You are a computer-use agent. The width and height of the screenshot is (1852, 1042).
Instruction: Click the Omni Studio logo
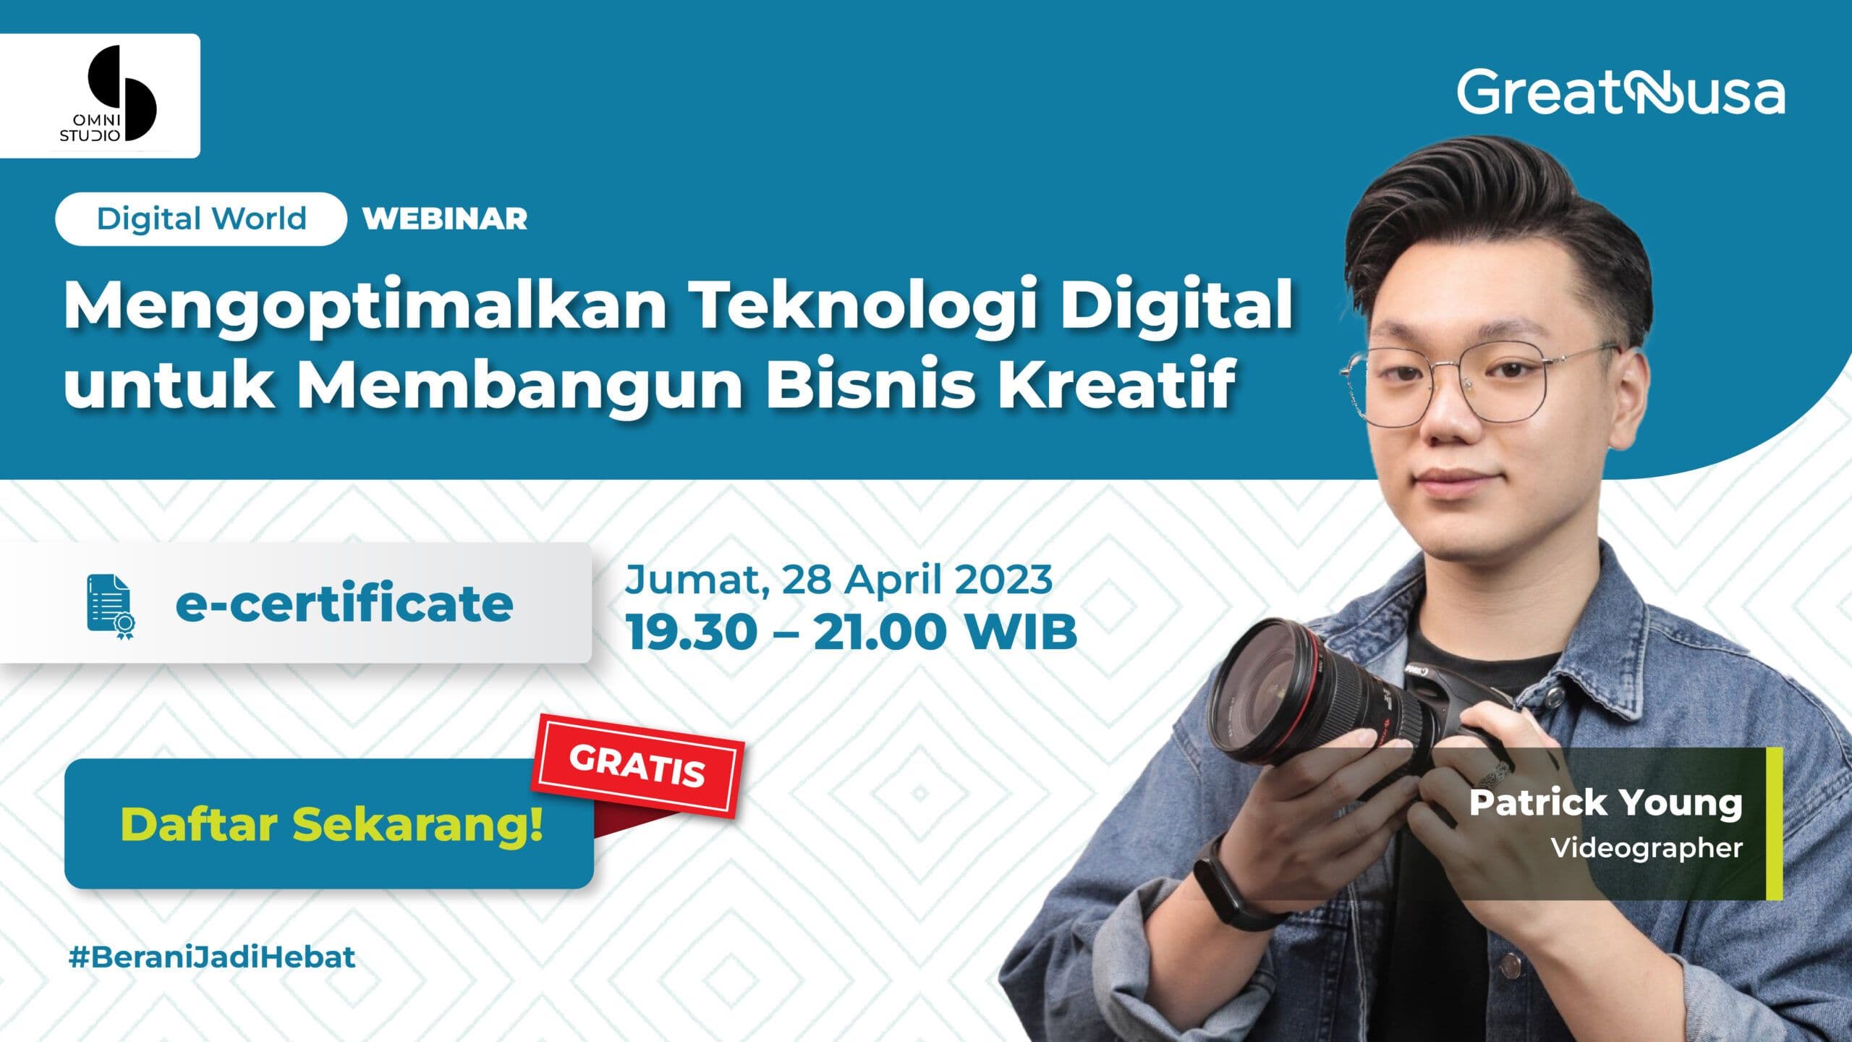click(x=99, y=95)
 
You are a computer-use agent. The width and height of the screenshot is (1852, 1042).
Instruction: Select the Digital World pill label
click(x=201, y=219)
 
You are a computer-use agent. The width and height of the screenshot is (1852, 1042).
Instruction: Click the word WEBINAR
click(x=445, y=219)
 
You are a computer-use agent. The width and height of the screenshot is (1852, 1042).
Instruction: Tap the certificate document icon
click(x=110, y=606)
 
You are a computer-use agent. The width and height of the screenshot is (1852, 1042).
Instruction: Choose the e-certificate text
click(x=344, y=603)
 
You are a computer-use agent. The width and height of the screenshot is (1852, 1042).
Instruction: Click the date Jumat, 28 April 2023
click(x=839, y=579)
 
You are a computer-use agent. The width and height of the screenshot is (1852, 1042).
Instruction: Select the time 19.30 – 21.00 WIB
click(x=851, y=632)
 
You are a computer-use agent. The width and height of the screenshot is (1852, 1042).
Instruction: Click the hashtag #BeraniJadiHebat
click(x=212, y=957)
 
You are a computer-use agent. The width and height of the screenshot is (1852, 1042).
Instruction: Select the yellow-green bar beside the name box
click(x=1774, y=823)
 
